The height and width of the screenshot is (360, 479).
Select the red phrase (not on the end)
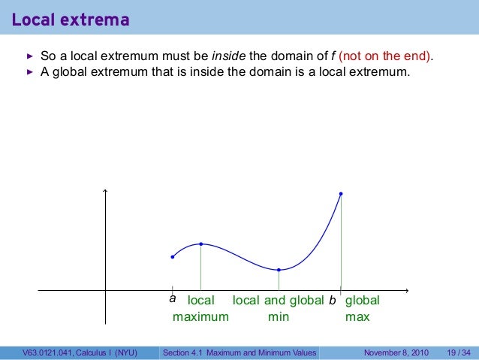click(387, 57)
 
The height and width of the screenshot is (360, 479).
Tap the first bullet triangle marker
click(30, 57)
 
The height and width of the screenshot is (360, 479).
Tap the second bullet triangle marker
click(30, 73)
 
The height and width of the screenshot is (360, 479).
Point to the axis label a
click(173, 299)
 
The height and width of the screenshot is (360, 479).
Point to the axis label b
click(332, 301)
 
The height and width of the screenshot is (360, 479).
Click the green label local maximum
click(200, 309)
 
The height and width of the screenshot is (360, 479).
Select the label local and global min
click(279, 309)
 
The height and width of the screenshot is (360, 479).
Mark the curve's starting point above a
click(173, 257)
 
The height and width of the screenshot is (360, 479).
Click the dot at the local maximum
click(201, 244)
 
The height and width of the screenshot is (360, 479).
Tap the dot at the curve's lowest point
click(279, 270)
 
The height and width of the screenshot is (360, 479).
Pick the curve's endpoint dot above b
click(341, 194)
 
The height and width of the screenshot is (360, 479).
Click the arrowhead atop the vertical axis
click(106, 190)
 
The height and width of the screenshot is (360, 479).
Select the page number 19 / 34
click(458, 352)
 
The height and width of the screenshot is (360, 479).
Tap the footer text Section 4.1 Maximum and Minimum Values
click(240, 352)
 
